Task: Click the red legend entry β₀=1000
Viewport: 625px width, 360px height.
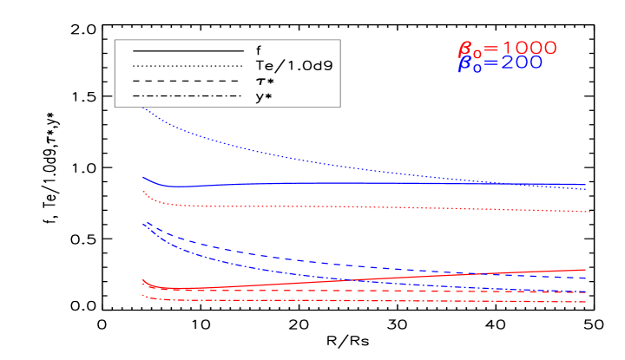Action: [507, 49]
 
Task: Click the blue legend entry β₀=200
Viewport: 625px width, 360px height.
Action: [500, 64]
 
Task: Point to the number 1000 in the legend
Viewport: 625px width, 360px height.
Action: [525, 49]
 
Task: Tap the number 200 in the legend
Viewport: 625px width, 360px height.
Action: [518, 63]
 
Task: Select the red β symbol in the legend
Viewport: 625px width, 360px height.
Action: [465, 49]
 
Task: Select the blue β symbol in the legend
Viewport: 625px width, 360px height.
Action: [465, 65]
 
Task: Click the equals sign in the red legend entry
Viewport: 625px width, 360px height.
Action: [486, 49]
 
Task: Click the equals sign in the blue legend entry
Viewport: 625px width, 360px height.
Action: [486, 64]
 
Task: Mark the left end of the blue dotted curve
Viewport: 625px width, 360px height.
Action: [142, 108]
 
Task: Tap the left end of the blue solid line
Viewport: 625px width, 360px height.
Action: [142, 177]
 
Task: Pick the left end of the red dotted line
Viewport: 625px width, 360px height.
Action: [142, 192]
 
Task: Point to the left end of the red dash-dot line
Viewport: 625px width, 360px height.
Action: [142, 295]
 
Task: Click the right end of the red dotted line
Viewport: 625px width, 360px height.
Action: [590, 212]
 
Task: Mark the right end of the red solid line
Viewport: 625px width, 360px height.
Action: [587, 270]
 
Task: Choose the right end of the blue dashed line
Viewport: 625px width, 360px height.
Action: [587, 278]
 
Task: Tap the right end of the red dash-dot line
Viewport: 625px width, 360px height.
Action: [587, 303]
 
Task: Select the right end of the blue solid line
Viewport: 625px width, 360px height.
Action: [587, 185]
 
